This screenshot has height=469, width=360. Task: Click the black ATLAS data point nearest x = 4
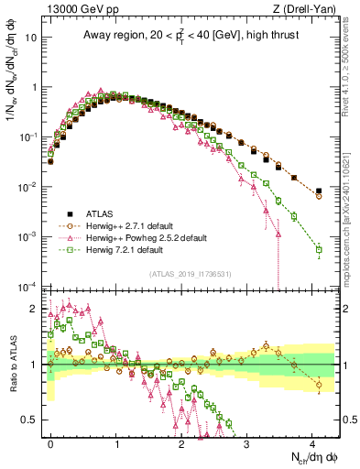319,191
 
